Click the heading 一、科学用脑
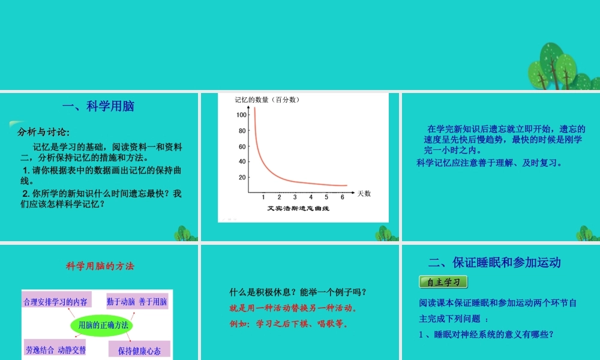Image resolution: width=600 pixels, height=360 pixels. (98, 107)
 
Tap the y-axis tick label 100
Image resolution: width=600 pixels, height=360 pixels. (241, 115)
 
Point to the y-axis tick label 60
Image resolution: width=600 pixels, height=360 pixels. (242, 146)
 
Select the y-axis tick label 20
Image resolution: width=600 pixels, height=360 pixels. (242, 178)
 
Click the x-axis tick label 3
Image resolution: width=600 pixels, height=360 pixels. (295, 197)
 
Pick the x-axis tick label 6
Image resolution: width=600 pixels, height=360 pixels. (342, 197)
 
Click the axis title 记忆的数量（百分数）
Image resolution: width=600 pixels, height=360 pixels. (267, 100)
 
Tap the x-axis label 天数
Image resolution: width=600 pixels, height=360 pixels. (364, 193)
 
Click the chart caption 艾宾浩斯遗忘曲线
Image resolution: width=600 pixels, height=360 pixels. (299, 209)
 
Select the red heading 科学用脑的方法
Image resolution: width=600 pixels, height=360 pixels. (97, 265)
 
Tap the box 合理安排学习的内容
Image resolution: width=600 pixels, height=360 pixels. (55, 301)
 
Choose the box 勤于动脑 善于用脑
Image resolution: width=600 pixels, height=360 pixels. (137, 301)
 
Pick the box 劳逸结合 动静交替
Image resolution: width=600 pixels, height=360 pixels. (55, 349)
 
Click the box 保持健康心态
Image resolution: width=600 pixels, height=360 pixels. (139, 350)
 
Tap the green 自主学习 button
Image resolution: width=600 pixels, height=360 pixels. (443, 281)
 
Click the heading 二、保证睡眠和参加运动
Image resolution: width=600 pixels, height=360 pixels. (494, 262)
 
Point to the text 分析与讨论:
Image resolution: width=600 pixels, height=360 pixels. (44, 132)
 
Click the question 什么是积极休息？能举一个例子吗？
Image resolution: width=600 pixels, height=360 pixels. (298, 292)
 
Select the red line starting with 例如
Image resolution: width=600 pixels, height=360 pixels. (289, 324)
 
